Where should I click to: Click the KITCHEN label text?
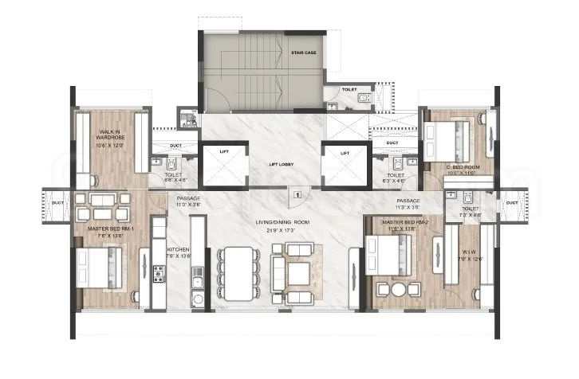click(x=178, y=249)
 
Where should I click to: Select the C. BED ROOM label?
click(x=444, y=167)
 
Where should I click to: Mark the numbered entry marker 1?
click(x=296, y=193)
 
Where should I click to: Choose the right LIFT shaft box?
click(x=345, y=164)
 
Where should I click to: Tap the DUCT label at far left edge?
click(x=57, y=202)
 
